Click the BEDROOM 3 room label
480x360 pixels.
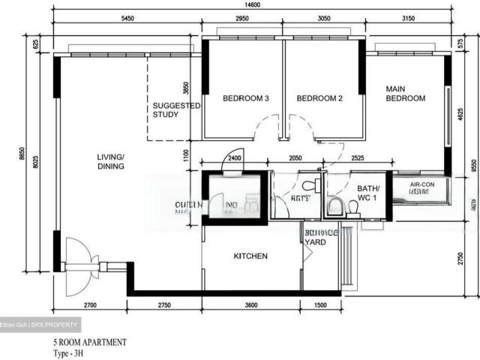(x=245, y=98)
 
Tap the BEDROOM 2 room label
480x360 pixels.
(x=319, y=98)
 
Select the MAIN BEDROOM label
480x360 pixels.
(x=405, y=93)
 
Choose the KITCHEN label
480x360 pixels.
(x=250, y=256)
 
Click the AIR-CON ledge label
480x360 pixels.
(x=423, y=187)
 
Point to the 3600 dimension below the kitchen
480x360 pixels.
(x=250, y=305)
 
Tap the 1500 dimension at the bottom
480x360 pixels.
(x=321, y=305)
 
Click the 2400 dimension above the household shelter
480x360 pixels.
(x=234, y=158)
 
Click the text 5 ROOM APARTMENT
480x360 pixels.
(x=89, y=342)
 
